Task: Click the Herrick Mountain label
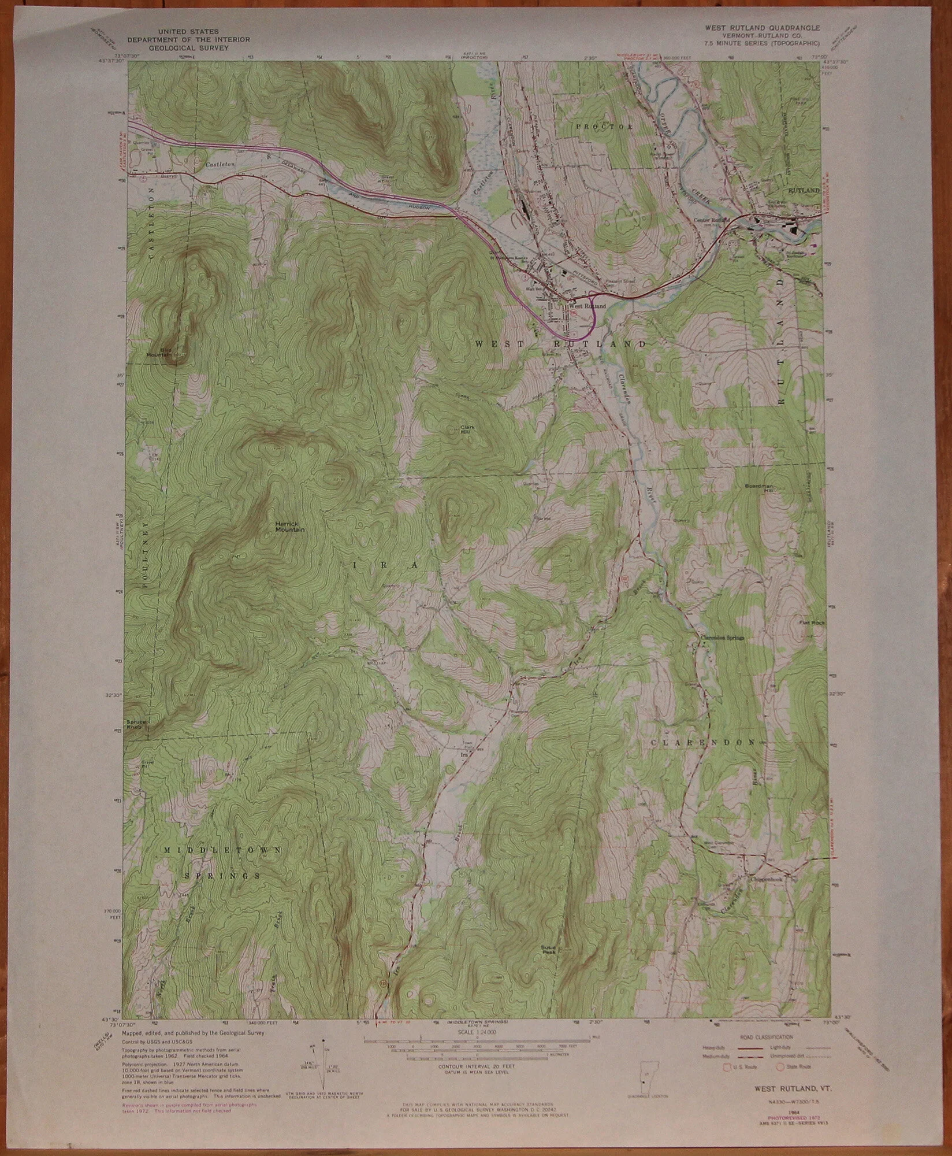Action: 290,527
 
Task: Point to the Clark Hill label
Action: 467,430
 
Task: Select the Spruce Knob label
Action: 139,725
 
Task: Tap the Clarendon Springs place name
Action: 722,638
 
